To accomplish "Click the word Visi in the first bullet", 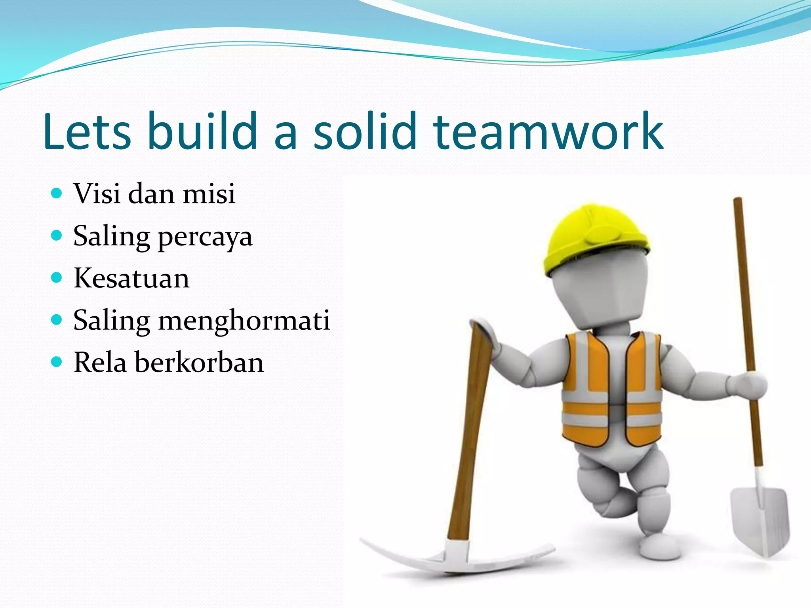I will tap(97, 194).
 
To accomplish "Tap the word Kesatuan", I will tap(131, 278).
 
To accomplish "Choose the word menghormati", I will tap(244, 321).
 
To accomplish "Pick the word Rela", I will tap(100, 363).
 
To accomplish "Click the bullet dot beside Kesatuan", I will tap(57, 277).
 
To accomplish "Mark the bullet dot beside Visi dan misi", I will tap(57, 193).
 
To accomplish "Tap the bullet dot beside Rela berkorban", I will tap(57, 362).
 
